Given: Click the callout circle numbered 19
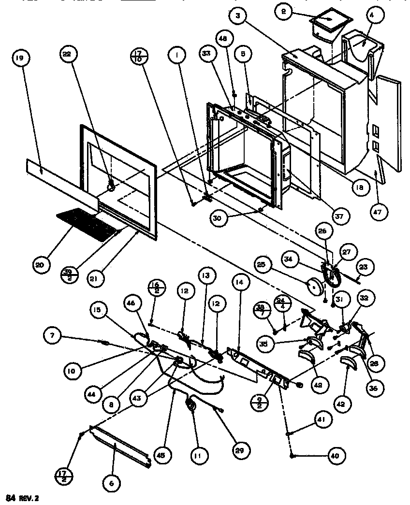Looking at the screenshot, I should (20, 59).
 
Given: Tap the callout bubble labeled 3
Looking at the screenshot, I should (238, 16).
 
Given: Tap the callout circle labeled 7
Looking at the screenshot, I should (52, 334).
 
